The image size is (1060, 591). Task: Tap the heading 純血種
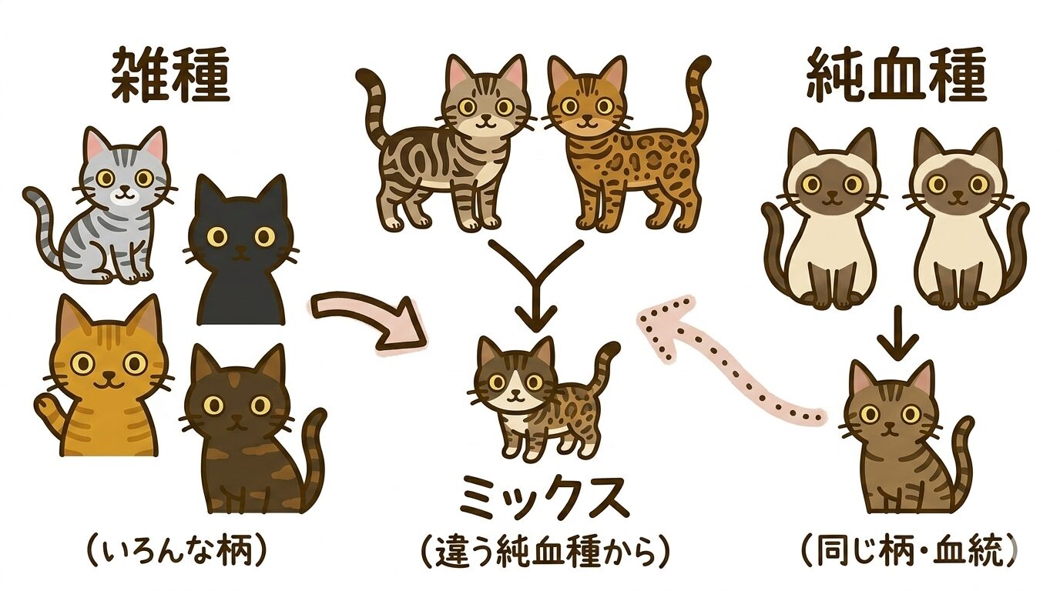click(896, 77)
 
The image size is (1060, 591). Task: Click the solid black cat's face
click(241, 234)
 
